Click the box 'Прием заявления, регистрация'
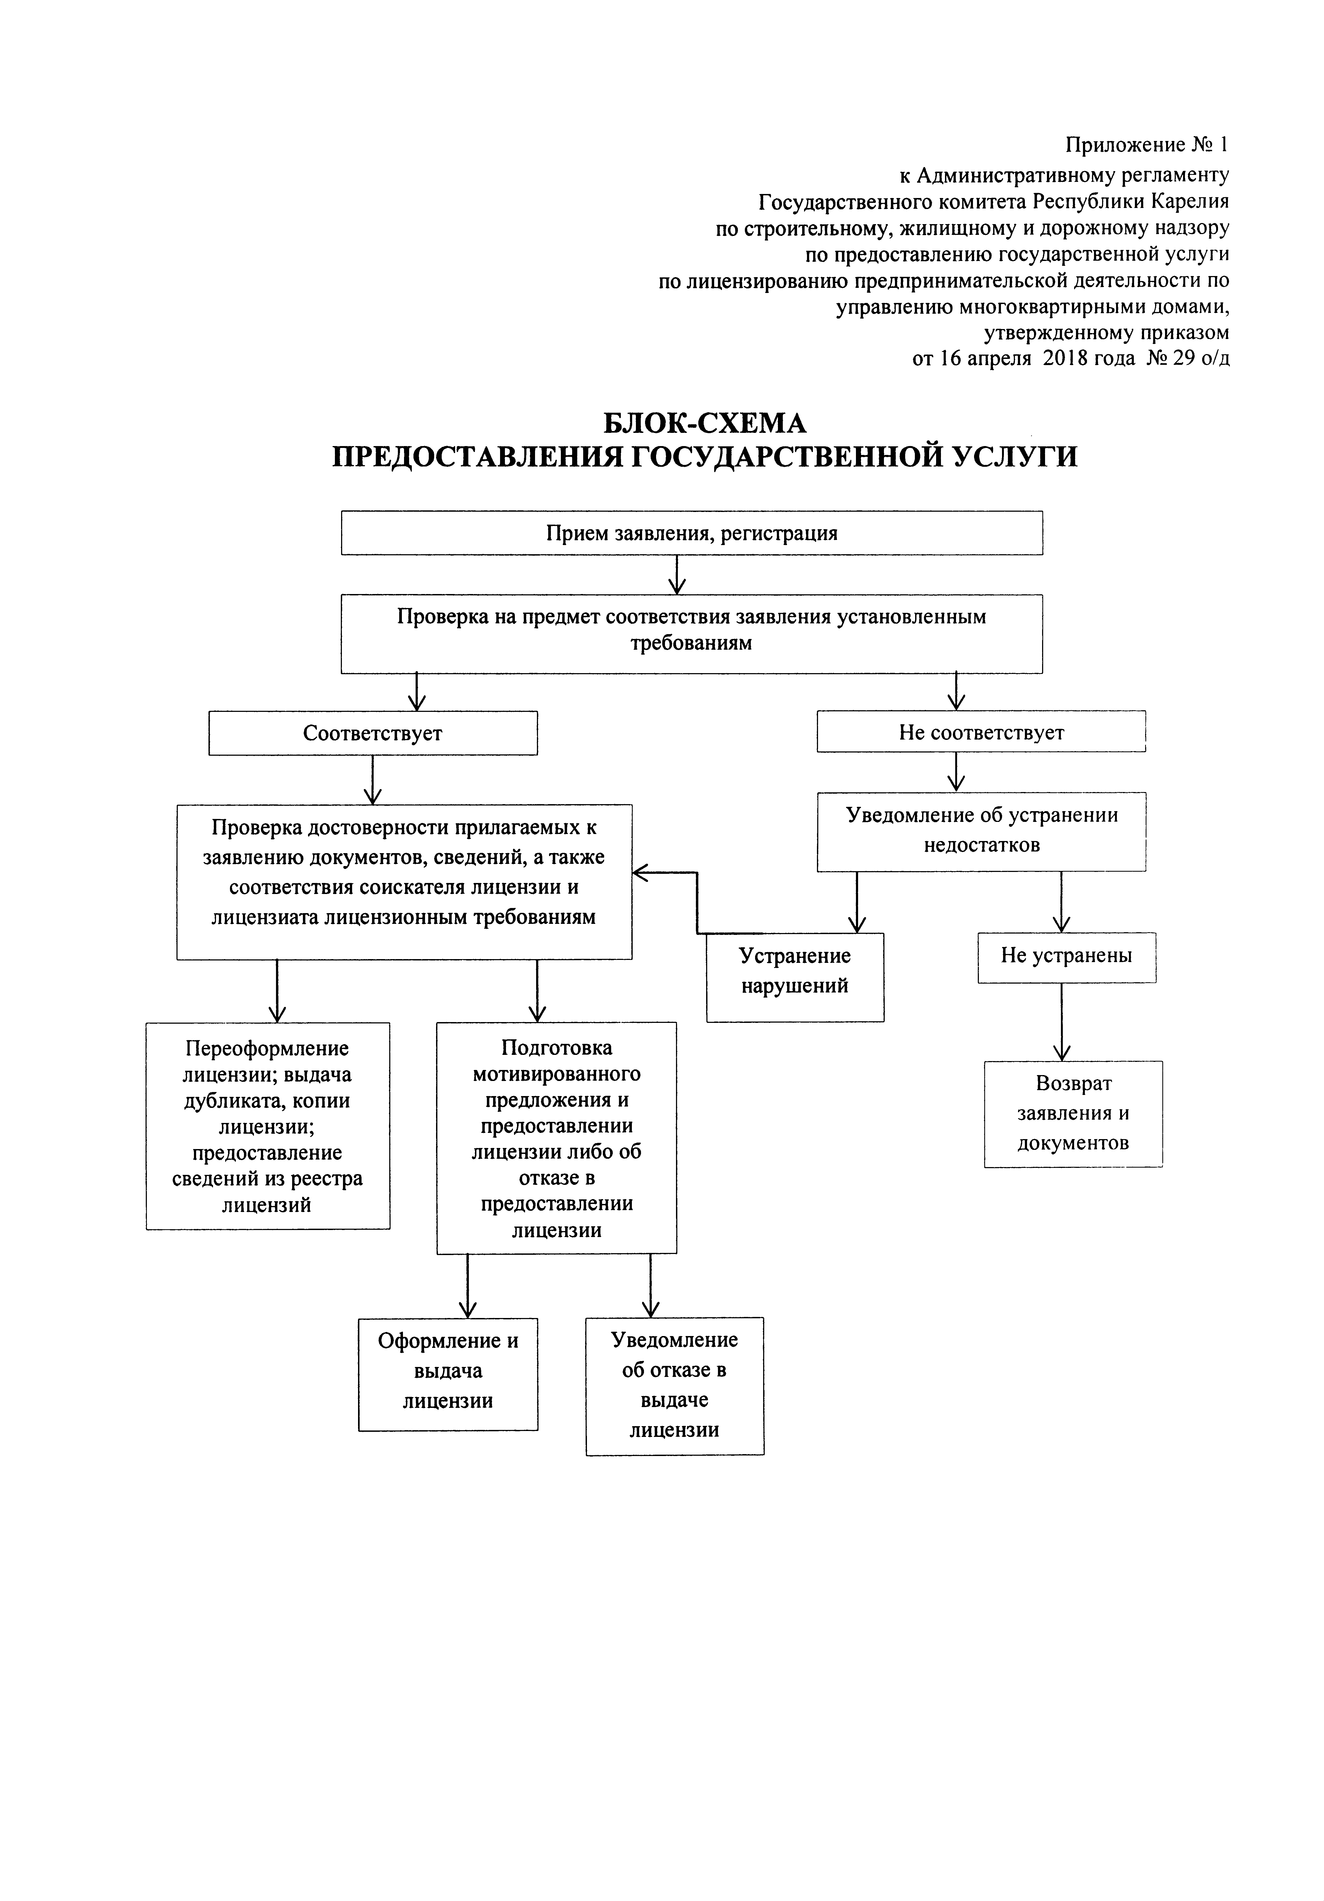691,532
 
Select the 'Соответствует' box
373,733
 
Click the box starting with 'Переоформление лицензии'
267,1126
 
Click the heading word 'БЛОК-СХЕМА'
704,423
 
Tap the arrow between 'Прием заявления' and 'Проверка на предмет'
677,575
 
